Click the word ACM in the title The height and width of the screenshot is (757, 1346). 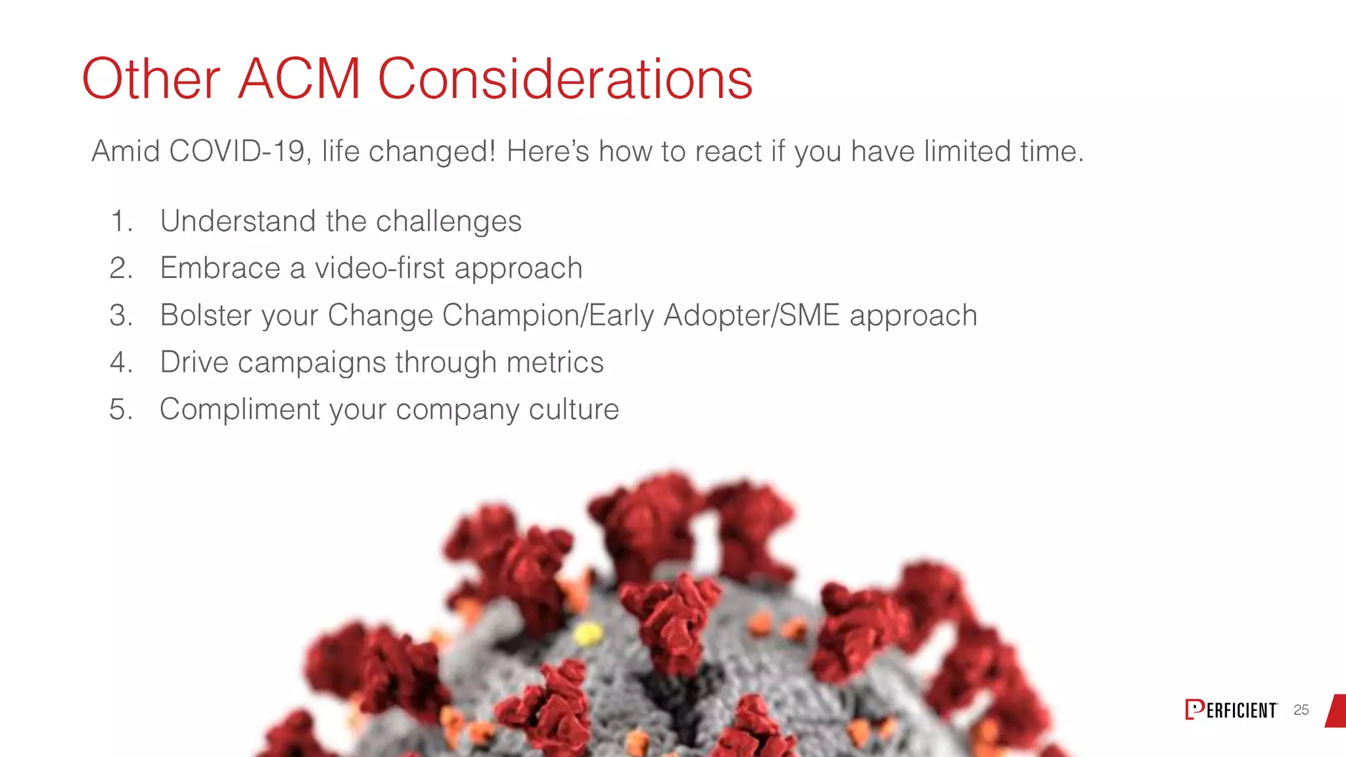[299, 79]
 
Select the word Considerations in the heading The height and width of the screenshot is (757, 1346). [565, 79]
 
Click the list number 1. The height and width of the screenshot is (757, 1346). [121, 221]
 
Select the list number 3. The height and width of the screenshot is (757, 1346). [121, 315]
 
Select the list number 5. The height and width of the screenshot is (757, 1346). [121, 409]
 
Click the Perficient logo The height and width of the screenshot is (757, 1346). [1231, 710]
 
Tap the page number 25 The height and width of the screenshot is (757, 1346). [1301, 710]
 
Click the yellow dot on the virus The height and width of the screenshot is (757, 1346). [588, 633]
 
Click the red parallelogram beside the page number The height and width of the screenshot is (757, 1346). [1336, 710]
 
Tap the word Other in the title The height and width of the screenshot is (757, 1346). [151, 79]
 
